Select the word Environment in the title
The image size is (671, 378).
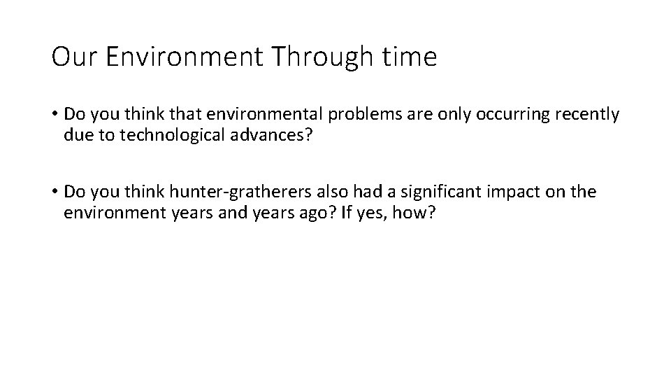click(184, 57)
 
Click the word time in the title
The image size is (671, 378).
click(410, 57)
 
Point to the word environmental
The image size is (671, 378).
click(247, 114)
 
